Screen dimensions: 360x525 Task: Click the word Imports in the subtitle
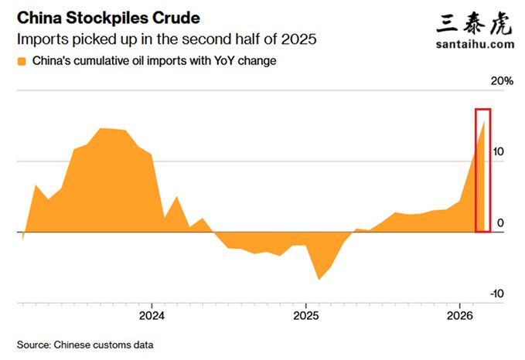(40, 37)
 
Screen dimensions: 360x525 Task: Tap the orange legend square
(21, 61)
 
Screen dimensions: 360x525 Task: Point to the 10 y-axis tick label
(499, 152)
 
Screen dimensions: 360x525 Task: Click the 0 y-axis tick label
(501, 223)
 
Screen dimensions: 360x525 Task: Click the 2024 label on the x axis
(152, 315)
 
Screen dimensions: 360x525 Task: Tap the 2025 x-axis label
(306, 315)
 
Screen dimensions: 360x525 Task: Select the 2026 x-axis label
(460, 315)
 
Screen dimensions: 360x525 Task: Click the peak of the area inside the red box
(485, 122)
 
